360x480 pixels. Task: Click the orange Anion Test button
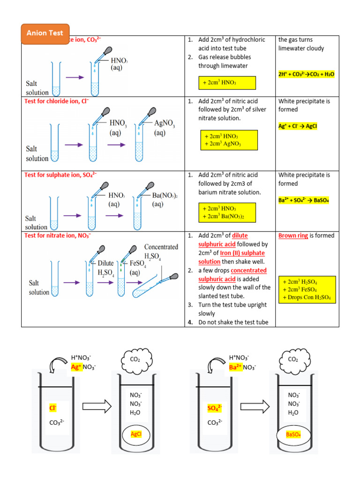[45, 34]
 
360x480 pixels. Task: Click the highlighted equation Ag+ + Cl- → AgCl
[298, 126]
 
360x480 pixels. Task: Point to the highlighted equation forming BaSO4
[304, 200]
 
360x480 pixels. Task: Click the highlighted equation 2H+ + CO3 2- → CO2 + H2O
[307, 74]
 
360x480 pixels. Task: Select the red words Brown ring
[293, 235]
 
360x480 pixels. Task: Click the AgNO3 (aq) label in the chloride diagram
[165, 128]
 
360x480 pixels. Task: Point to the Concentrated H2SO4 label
[161, 251]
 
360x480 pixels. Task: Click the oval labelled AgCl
[135, 435]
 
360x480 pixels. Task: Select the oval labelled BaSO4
[293, 435]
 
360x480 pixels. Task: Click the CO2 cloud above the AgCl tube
[135, 360]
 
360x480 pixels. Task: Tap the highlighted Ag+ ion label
[76, 367]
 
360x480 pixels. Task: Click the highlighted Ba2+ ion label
[235, 367]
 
